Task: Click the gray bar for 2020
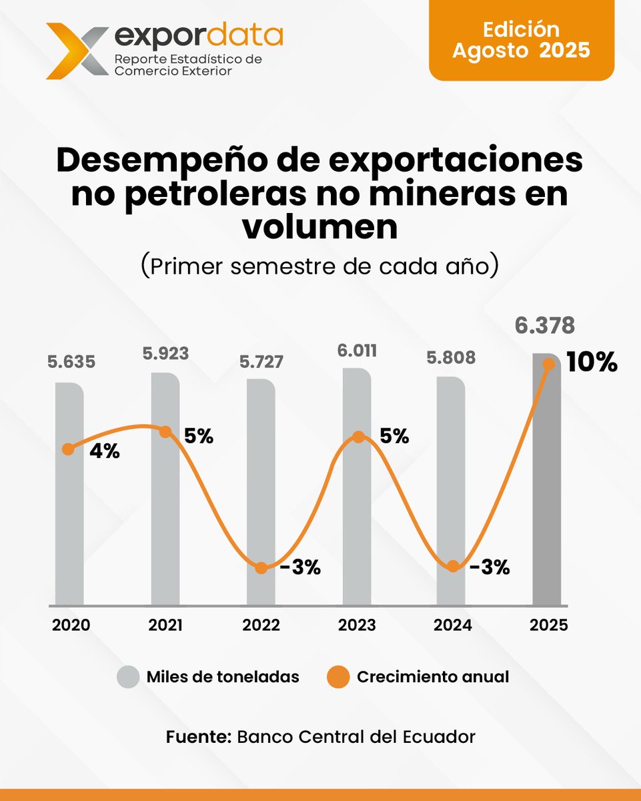69,521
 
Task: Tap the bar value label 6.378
544,326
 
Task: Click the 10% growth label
592,364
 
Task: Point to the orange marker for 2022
261,568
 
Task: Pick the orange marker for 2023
358,437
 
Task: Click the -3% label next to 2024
489,567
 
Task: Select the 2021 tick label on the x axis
165,625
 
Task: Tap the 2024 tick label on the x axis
453,625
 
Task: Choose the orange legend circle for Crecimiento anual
338,677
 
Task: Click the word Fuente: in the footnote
198,737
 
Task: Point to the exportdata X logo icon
75,50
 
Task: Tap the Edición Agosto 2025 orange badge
521,40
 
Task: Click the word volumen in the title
319,228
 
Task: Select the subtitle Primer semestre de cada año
319,265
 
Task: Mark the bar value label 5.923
165,353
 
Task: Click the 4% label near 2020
104,451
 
